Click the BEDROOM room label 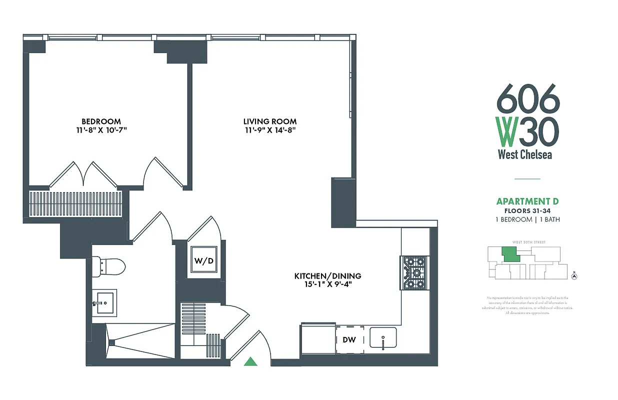(101, 121)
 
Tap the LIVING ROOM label (269, 121)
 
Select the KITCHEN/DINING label (327, 276)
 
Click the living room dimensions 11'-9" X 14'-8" (269, 130)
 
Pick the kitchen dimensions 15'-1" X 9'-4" (327, 285)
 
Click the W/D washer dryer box (204, 260)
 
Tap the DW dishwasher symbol (349, 340)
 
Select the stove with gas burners (414, 272)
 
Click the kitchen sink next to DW (383, 337)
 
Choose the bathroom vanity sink (104, 303)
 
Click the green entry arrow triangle (250, 361)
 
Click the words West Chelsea (525, 154)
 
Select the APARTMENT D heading (527, 201)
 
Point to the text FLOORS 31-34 (527, 211)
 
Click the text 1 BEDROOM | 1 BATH (527, 219)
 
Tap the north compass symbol (574, 275)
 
